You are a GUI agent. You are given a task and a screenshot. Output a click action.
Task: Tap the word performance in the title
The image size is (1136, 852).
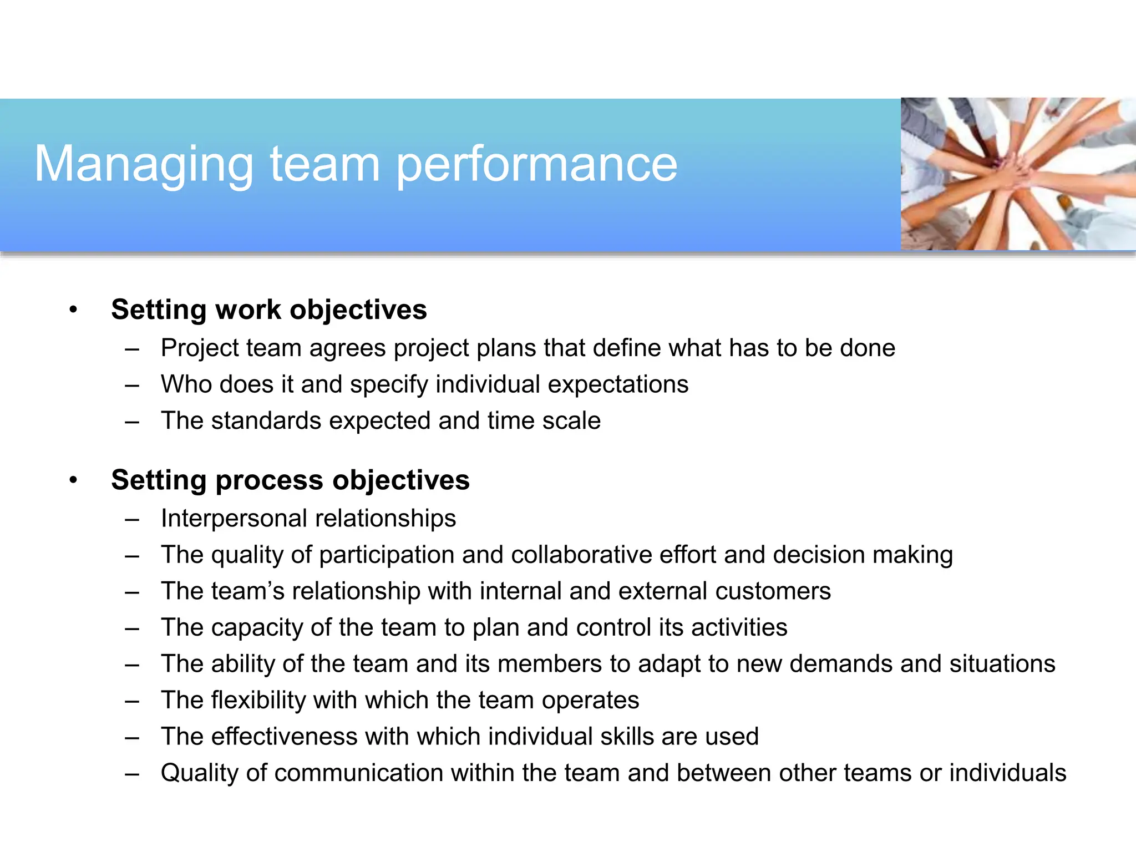(536, 164)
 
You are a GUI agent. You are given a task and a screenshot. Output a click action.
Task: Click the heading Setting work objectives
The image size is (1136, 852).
(269, 310)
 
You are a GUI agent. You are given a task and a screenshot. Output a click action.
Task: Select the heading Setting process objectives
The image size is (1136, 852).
(290, 480)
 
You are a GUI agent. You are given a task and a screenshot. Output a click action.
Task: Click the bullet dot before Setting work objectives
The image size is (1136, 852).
(73, 310)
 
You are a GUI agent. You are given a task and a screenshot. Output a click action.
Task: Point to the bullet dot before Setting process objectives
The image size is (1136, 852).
(73, 480)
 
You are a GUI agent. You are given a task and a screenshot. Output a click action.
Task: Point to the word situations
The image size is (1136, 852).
(1002, 664)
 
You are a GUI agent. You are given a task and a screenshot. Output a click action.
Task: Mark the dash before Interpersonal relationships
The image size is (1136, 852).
(132, 519)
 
